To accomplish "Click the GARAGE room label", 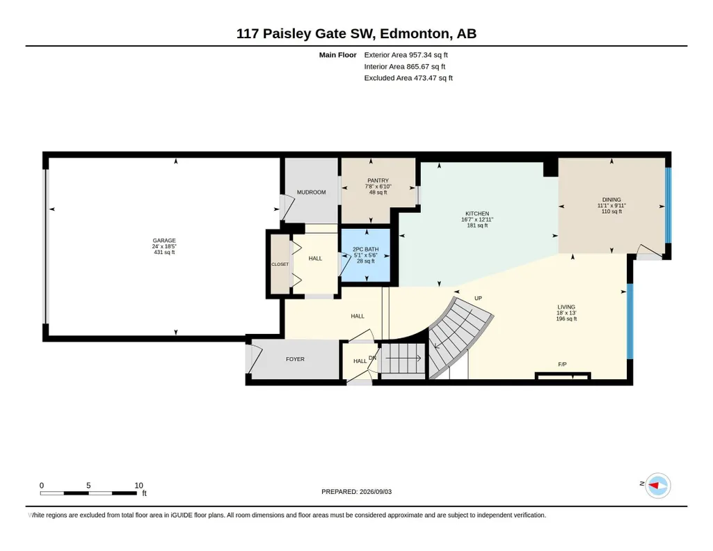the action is point(164,241).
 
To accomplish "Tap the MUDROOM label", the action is point(312,192).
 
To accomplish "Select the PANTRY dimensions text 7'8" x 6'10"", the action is point(378,186).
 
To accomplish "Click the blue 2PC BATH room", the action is point(366,255).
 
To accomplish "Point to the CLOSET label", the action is point(280,264).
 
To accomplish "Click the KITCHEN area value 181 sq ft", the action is point(477,225).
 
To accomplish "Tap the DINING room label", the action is point(611,200).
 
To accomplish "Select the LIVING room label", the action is point(566,307).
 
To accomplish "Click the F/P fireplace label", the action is point(563,364).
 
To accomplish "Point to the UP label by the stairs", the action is point(478,298).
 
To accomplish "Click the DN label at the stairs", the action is point(372,358).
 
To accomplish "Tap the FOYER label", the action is point(295,359).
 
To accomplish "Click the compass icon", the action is point(658,486).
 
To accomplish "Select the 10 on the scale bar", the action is point(138,486).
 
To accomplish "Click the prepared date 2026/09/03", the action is point(376,491).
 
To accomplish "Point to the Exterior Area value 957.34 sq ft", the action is point(428,55).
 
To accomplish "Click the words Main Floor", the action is point(338,55).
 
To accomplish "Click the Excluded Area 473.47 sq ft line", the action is point(408,78).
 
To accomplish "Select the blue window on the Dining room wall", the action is point(668,205).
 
